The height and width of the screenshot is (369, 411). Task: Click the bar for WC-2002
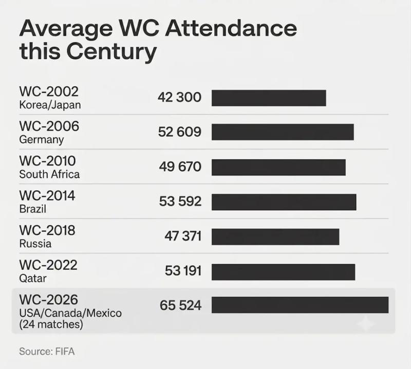pos(269,98)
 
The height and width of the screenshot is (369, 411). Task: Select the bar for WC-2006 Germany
pos(283,132)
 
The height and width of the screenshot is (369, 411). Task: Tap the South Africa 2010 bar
pos(278,168)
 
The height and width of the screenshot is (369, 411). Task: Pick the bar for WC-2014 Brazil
pos(284,202)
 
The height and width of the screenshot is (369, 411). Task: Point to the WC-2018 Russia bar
pos(275,237)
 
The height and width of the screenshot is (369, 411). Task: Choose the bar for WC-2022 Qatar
pos(284,272)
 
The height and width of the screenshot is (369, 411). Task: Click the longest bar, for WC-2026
pos(300,305)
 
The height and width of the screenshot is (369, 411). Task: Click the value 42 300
pos(179,97)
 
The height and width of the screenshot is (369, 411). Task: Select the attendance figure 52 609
pos(179,132)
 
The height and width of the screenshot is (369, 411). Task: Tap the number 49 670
pos(180,167)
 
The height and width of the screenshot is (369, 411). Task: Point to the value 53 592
pos(180,201)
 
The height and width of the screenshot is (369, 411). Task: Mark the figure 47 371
pos(183,236)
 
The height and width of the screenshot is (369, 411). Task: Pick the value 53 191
pos(183,271)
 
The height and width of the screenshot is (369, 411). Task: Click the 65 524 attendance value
pos(181,305)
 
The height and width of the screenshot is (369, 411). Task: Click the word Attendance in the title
pos(231,28)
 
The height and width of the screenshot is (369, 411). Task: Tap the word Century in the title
pos(111,51)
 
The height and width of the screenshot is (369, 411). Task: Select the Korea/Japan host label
pos(50,105)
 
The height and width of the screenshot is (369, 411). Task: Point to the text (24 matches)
pos(51,324)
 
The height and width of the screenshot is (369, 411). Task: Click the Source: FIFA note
pos(47,352)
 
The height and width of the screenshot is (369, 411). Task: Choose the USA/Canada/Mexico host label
pos(70,313)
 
